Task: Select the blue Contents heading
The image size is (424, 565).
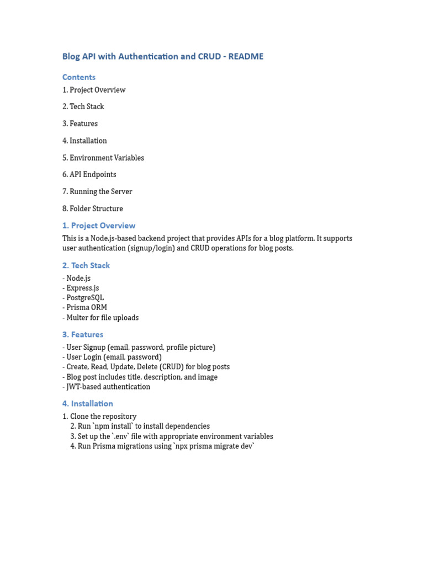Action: (79, 77)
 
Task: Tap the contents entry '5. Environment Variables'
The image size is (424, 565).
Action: (103, 158)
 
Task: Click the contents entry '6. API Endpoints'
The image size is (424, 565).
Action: (89, 174)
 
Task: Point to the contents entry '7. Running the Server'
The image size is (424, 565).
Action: (97, 191)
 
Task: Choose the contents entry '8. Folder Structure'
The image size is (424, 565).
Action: (93, 209)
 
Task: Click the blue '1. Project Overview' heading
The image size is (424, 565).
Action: (99, 226)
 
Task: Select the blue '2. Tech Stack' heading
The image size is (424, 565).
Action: (86, 265)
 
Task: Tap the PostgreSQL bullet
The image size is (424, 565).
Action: (85, 298)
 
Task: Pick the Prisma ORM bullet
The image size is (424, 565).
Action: (87, 307)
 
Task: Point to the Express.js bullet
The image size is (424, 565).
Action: (83, 288)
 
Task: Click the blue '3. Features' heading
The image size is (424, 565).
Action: (83, 334)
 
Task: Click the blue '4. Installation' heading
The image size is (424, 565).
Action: (88, 404)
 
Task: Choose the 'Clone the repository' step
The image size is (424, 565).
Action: (103, 417)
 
